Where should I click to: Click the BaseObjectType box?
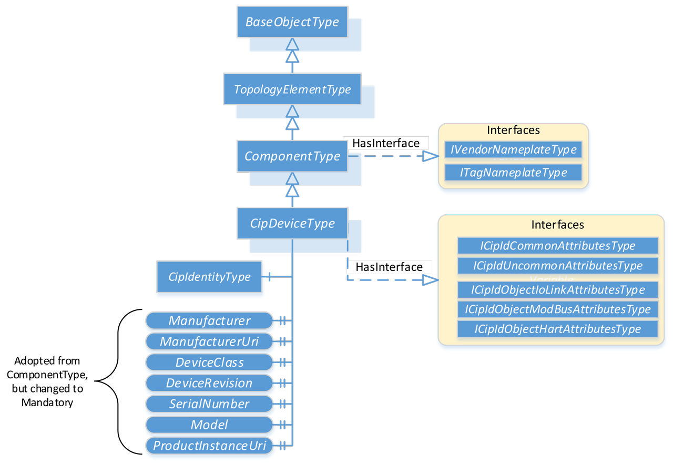[x=292, y=22]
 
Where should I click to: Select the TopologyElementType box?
[x=292, y=89]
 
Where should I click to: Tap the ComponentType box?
[x=292, y=156]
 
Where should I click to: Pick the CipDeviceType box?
[x=292, y=224]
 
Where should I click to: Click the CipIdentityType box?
[x=209, y=277]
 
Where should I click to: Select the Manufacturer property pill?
[x=209, y=320]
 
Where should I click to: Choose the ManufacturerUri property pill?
[x=209, y=341]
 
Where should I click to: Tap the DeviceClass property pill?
[x=209, y=363]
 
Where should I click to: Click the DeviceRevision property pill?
[x=209, y=383]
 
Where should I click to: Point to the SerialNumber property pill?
[x=209, y=404]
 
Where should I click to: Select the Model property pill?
[x=209, y=425]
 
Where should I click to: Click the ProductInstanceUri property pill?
[x=209, y=446]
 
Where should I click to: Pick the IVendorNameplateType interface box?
[x=513, y=150]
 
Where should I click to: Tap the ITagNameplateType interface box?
[x=513, y=173]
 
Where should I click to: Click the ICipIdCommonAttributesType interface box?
[x=557, y=246]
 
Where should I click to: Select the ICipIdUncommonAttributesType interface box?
[x=557, y=266]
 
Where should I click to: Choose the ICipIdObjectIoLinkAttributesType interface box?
[x=557, y=290]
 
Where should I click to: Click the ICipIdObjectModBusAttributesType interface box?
[x=557, y=309]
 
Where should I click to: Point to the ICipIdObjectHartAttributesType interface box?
[x=557, y=329]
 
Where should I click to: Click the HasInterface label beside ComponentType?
[x=386, y=143]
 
